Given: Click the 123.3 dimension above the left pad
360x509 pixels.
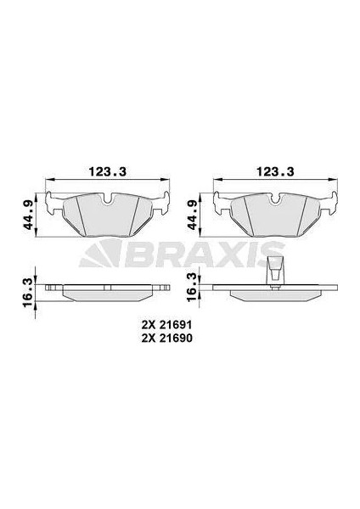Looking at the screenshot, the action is (x=107, y=171).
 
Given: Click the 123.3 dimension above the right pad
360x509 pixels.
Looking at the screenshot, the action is (x=275, y=171).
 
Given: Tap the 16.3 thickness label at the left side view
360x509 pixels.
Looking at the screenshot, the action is (x=30, y=288).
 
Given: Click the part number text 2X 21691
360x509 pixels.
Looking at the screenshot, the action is (x=166, y=324).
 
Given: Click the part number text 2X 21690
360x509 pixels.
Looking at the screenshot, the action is (x=166, y=338).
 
